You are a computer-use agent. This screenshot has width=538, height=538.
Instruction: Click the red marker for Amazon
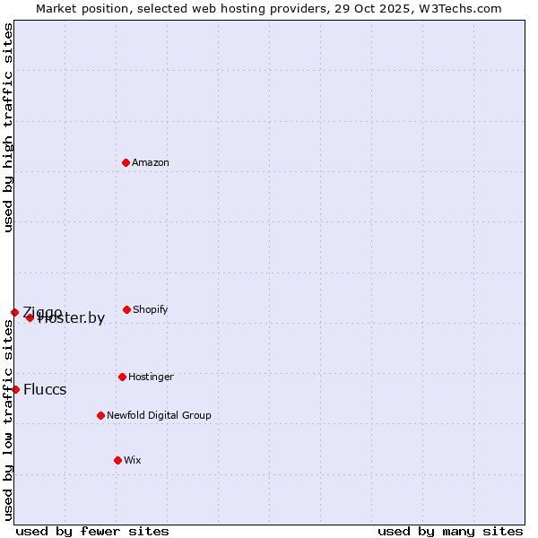click(126, 162)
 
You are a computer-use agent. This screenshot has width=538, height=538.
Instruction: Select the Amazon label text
click(151, 163)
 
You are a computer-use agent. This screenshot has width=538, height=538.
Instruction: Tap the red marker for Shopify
click(126, 309)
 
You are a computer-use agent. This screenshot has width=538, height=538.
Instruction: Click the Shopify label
click(150, 310)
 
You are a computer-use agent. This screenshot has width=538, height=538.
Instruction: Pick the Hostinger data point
click(122, 377)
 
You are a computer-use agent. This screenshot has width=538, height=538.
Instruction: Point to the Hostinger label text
click(151, 377)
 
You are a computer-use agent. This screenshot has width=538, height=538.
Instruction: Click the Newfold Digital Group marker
click(100, 415)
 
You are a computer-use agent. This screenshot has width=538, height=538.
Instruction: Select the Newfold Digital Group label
click(159, 416)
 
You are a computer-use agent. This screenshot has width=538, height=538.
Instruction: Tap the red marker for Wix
click(117, 460)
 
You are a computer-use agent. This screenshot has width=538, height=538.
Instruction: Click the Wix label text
click(133, 461)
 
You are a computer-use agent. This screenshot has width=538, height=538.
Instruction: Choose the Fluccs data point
click(15, 389)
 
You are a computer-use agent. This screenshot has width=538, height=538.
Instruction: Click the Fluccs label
click(45, 390)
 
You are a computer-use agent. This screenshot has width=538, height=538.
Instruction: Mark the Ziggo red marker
click(14, 312)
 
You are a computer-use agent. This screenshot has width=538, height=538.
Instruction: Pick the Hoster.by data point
click(30, 317)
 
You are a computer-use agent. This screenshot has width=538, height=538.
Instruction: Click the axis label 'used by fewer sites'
click(92, 531)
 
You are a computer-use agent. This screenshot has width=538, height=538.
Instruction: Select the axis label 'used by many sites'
click(450, 531)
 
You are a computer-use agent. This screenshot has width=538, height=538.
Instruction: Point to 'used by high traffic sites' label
click(9, 127)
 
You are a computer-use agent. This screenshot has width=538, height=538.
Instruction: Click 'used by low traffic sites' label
click(9, 420)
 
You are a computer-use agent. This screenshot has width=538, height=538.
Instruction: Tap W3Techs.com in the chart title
click(462, 8)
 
